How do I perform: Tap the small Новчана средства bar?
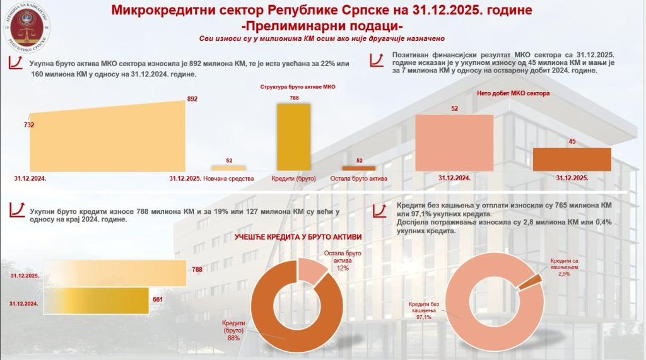point(228,168)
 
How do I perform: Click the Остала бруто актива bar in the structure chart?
point(358,168)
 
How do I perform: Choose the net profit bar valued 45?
point(572,159)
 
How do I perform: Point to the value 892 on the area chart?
point(192,99)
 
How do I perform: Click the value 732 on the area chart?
point(29,125)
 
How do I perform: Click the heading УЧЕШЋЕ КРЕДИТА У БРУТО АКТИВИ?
point(298,236)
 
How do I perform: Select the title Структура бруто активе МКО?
point(293,86)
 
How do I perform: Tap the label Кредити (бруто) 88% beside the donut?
point(233,330)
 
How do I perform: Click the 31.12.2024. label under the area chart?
point(30,178)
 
